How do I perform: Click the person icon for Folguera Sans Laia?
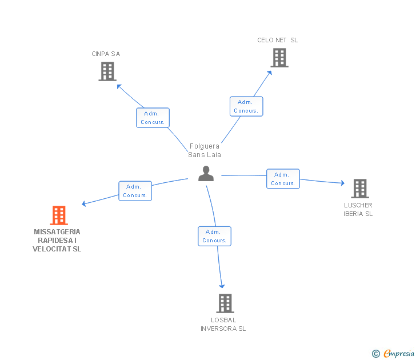206,174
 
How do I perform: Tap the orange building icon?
59,215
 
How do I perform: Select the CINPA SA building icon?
107,71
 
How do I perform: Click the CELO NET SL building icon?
279,58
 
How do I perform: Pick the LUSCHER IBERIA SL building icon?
360,189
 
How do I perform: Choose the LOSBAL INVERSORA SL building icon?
225,303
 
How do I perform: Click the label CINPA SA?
106,54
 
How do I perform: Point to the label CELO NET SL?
278,40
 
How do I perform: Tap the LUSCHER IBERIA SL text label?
358,210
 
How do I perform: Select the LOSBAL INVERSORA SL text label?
223,325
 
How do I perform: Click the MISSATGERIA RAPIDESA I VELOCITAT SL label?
57,241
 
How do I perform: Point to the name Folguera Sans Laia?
205,150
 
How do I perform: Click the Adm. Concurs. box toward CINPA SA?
153,118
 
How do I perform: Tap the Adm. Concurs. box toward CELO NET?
246,106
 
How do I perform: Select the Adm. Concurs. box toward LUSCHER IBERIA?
283,179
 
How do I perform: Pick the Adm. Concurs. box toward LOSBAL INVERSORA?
215,236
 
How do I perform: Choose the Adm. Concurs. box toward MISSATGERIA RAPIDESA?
135,191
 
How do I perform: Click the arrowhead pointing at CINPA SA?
119,86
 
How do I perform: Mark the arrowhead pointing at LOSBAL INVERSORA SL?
222,286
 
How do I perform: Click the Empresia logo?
393,353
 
